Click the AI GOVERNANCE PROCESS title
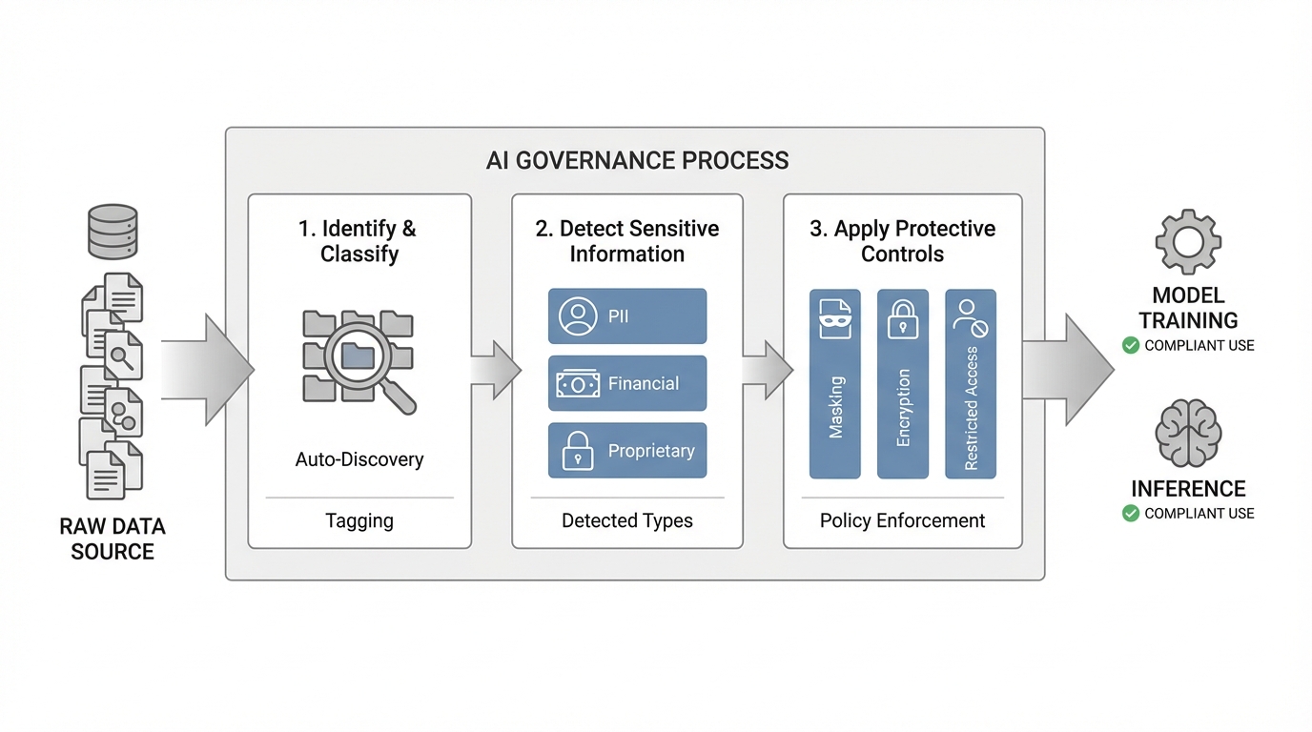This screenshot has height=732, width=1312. [637, 160]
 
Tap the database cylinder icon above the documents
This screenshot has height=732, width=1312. [113, 232]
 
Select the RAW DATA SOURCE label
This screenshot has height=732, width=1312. [113, 539]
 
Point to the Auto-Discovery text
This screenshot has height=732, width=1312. [359, 459]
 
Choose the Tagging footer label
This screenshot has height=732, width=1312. [359, 521]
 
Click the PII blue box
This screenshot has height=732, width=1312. [627, 316]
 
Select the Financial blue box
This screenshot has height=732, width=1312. [627, 383]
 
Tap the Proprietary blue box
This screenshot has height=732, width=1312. [627, 451]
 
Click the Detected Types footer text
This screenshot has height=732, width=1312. [627, 521]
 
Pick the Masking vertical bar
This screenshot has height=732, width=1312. [835, 384]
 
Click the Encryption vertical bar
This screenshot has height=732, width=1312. [903, 384]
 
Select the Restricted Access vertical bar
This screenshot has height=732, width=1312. [971, 384]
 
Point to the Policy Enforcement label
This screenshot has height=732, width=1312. [903, 521]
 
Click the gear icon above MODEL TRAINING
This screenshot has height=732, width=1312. [1188, 242]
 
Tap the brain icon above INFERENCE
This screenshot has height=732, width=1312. [1188, 433]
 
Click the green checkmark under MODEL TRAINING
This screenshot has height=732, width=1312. [1131, 345]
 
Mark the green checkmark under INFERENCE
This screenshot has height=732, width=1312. [1131, 514]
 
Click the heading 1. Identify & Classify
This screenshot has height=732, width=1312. [359, 241]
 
